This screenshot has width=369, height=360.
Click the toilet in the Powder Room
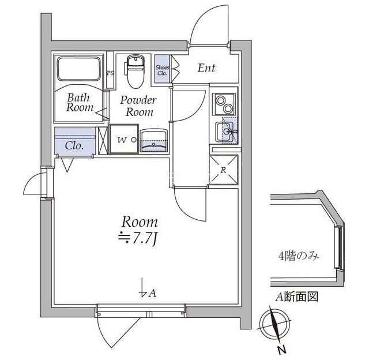click(135, 71)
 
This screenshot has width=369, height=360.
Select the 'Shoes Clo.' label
click(162, 70)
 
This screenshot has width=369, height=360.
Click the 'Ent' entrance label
click(206, 68)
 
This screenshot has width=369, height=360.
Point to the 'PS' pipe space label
click(110, 73)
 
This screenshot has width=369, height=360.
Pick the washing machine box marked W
click(124, 139)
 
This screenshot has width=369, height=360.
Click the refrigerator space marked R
click(223, 170)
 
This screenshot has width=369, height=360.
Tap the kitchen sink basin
click(225, 132)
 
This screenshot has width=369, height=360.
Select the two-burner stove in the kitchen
click(224, 104)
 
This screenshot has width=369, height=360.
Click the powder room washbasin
click(154, 141)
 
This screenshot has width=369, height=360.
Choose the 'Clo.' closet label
click(74, 145)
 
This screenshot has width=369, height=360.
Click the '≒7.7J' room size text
click(138, 238)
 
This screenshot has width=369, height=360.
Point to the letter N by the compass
click(281, 350)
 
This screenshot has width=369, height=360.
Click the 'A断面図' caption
click(296, 297)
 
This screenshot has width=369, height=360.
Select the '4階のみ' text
click(299, 256)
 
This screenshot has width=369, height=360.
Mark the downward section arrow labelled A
click(142, 287)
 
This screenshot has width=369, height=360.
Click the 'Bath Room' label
click(80, 103)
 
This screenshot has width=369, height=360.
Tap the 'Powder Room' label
click(138, 106)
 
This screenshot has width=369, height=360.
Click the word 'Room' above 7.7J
click(140, 222)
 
